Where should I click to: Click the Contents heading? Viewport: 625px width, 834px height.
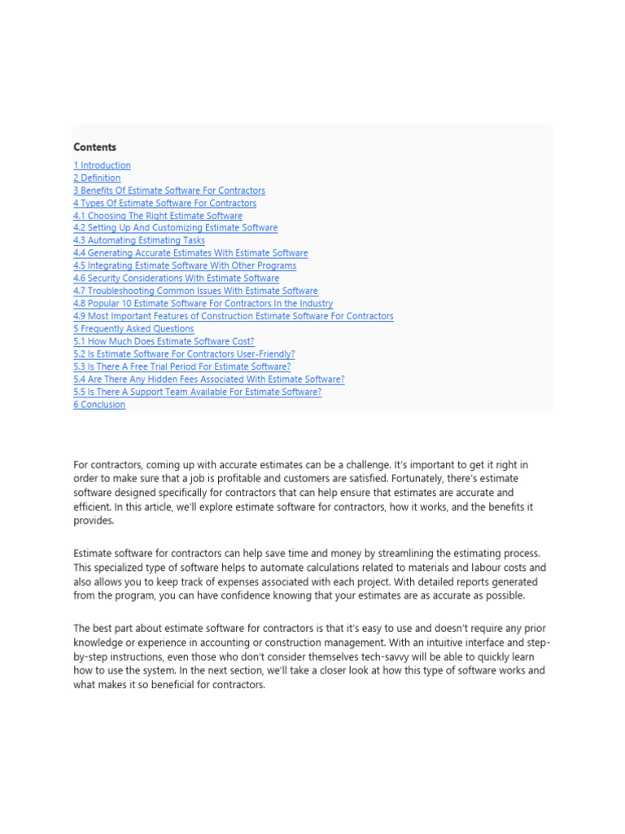coord(94,147)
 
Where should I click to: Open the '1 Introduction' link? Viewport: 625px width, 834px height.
coord(102,165)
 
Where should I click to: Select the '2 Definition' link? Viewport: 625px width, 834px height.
coord(97,178)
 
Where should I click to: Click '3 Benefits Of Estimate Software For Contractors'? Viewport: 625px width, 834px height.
coord(169,191)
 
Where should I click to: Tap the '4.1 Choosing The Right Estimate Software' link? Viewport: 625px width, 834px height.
coord(158,216)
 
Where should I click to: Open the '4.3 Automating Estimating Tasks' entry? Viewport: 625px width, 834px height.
coord(139,240)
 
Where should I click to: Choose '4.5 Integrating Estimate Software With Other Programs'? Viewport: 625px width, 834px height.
coord(185,266)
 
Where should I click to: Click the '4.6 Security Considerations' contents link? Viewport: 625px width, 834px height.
coord(176,278)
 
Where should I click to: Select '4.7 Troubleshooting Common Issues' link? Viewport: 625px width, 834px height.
coord(195,291)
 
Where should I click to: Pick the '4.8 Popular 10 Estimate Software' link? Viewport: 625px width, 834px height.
coord(203,304)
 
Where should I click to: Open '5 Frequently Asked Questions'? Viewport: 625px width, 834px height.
coord(133,328)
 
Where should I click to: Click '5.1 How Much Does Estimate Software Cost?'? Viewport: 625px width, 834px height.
coord(164,341)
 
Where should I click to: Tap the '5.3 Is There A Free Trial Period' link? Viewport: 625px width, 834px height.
coord(181,367)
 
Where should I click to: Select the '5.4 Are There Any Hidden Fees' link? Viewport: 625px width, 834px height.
coord(209,379)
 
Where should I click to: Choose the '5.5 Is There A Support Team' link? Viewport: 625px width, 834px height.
coord(197,392)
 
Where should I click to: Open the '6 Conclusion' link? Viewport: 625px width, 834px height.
coord(99,405)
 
